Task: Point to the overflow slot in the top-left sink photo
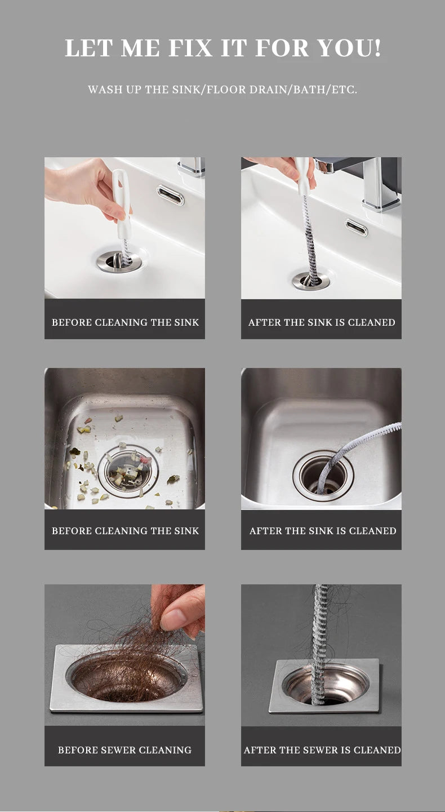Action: click(x=170, y=194)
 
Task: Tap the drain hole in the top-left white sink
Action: click(x=119, y=261)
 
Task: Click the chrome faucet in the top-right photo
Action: click(x=366, y=181)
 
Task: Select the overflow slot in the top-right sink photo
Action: click(x=356, y=228)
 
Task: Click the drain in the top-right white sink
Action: click(x=311, y=281)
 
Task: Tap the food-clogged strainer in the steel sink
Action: click(x=128, y=471)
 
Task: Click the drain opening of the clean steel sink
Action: click(x=323, y=476)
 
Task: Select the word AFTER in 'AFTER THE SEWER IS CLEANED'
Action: click(x=256, y=750)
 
